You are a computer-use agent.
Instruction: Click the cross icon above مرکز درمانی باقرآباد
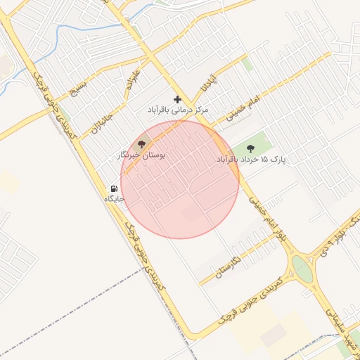[177, 99]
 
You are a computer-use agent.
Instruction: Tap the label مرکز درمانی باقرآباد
[179, 110]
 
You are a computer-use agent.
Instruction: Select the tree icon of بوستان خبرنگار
[141, 143]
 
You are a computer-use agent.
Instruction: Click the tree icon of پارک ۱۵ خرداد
[251, 148]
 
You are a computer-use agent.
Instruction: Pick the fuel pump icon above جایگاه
[113, 188]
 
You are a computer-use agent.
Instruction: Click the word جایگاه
[114, 199]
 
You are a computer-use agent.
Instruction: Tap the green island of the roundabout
[301, 268]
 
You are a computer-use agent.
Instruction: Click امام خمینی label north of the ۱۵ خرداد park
[243, 108]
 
